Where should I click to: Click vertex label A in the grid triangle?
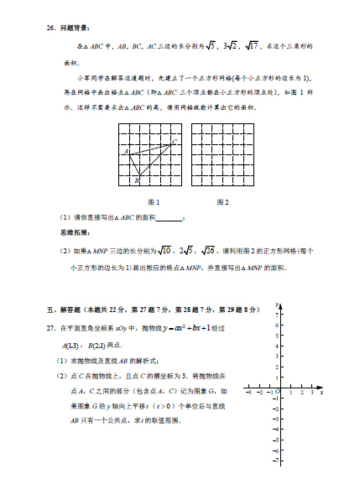(125, 152)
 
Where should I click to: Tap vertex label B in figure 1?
(136, 180)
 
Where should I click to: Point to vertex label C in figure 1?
(175, 140)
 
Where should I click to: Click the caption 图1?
(154, 202)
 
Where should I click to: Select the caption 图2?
(222, 202)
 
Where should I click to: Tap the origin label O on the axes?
(277, 392)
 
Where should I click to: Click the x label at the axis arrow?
(322, 392)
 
